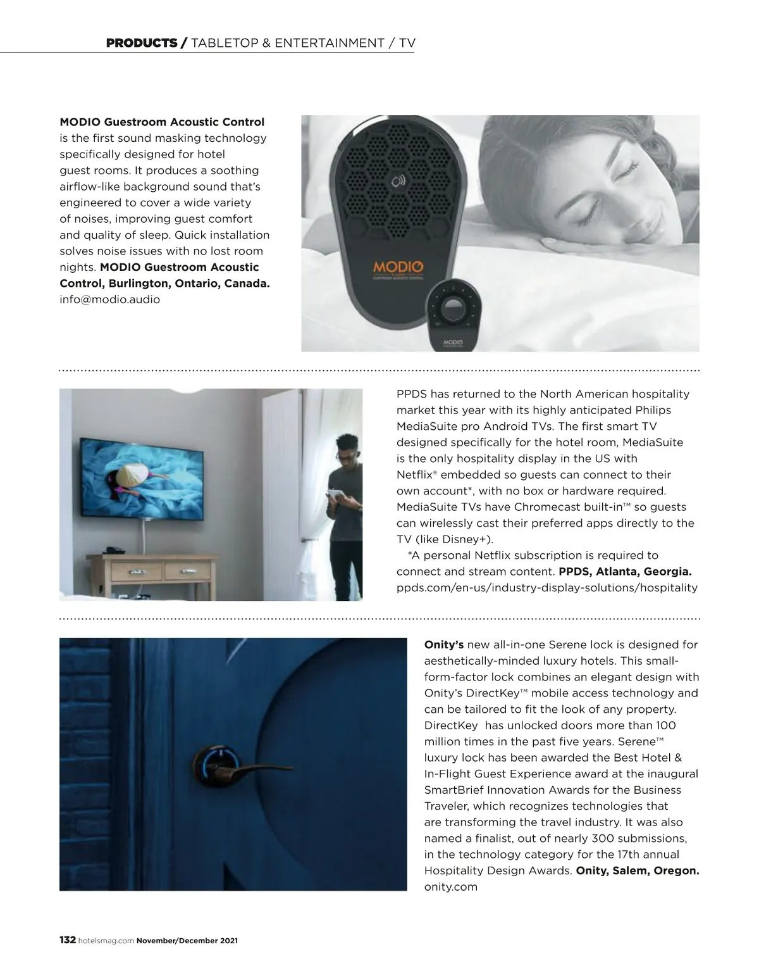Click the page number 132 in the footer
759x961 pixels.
pyautogui.click(x=68, y=940)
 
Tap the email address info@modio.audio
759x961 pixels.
pyautogui.click(x=109, y=299)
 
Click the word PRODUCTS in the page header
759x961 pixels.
pyautogui.click(x=142, y=43)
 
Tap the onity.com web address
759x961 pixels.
pyautogui.click(x=450, y=887)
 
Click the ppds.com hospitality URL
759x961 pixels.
pyautogui.click(x=546, y=587)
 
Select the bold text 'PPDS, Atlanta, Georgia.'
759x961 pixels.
pyautogui.click(x=625, y=572)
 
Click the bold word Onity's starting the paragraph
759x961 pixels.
pyautogui.click(x=443, y=645)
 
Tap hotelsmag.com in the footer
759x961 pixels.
pyautogui.click(x=106, y=941)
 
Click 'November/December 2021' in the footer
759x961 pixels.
pyautogui.click(x=187, y=941)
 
